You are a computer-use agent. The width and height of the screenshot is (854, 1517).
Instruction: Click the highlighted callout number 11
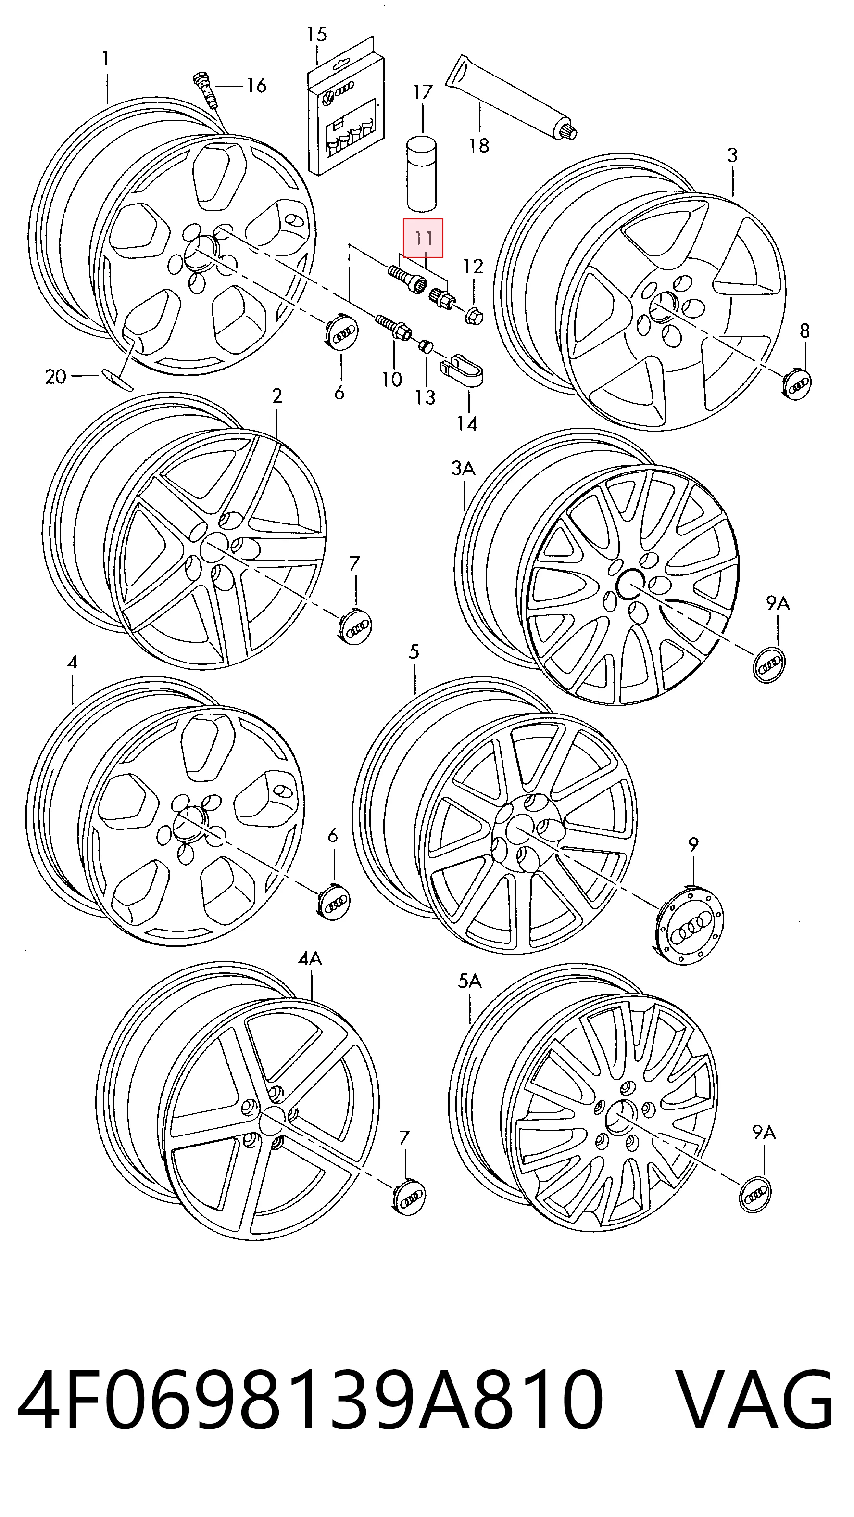click(x=423, y=239)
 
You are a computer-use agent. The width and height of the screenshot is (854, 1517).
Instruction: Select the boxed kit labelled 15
click(x=346, y=109)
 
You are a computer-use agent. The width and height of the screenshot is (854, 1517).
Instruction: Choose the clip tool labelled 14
click(x=462, y=371)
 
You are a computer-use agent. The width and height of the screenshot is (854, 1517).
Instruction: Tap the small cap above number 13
click(x=425, y=345)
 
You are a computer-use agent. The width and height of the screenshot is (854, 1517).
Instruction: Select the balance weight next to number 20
click(x=117, y=379)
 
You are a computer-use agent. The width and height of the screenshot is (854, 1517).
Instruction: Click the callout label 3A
click(x=463, y=469)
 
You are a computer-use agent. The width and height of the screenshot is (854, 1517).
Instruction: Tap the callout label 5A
click(x=469, y=981)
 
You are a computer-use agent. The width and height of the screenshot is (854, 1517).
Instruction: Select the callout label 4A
click(x=310, y=958)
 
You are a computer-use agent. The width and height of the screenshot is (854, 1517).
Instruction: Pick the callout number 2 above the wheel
click(x=277, y=396)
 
